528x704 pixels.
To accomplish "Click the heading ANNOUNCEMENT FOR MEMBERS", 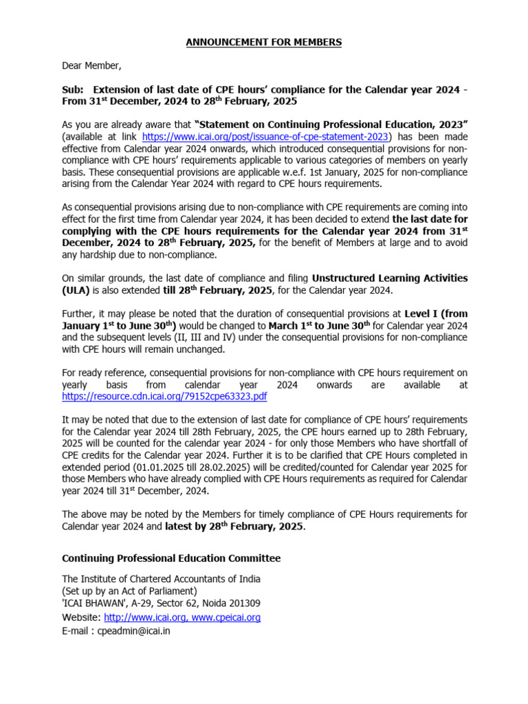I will pos(263,43).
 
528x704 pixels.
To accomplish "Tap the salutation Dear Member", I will pos(91,66).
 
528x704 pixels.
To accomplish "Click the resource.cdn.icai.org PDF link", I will pos(164,397).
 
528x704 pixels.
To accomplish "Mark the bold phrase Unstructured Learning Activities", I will pos(390,278).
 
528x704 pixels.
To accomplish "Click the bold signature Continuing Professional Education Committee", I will pos(171,558).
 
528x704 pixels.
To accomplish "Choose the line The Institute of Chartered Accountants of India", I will pos(162,579).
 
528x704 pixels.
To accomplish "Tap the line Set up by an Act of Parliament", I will pos(129,591).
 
